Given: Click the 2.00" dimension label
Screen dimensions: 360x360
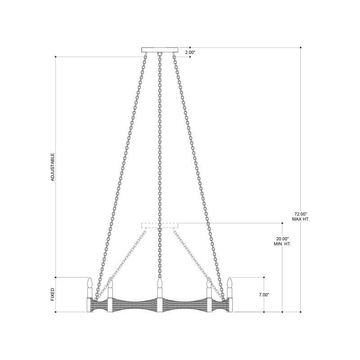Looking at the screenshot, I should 190,53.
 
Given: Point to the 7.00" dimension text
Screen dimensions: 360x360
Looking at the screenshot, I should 264,295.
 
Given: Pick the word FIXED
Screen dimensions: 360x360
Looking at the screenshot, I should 53,294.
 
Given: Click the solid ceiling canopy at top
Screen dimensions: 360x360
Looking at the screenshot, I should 160,49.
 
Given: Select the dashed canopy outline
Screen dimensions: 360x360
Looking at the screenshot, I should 160,225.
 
